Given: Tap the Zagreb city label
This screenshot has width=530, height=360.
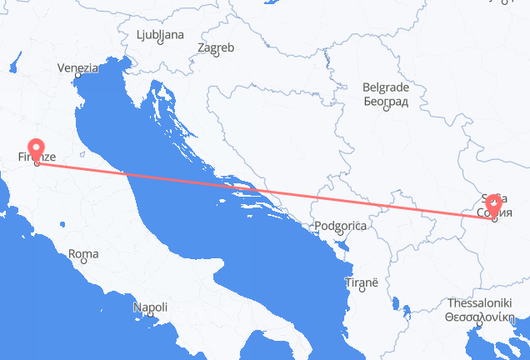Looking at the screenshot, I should coord(216,48).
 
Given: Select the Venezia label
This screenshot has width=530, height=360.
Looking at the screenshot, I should coord(78,67).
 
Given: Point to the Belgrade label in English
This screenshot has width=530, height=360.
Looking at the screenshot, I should coord(385,87).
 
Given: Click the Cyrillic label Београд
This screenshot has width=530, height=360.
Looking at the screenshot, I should coord(385,101).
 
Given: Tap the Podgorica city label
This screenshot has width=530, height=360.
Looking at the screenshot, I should coord(340,226).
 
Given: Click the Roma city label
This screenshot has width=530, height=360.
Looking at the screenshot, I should coord(82,253).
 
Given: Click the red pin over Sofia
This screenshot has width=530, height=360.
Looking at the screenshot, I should coord(494,203).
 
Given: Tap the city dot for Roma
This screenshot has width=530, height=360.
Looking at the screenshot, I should coord(83,262).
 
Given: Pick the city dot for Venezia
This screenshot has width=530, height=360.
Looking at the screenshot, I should coord(77,77).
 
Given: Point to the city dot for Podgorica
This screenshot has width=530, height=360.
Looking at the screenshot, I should coord(337,235).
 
